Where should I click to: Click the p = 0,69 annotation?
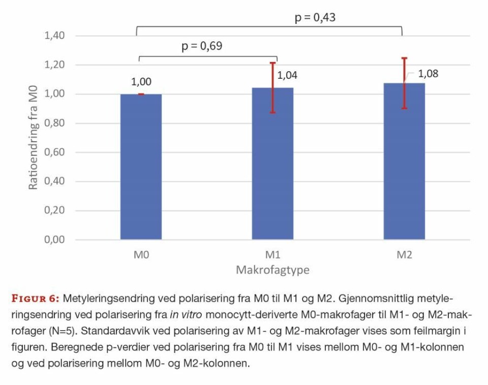[202, 46]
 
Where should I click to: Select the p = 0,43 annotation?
[315, 18]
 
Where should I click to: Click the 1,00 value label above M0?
[141, 82]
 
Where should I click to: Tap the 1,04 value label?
[287, 76]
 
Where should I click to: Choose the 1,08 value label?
[428, 74]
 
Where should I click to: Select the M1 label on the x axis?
[272, 254]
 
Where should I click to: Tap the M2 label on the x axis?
[404, 254]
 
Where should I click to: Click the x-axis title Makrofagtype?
[272, 270]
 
